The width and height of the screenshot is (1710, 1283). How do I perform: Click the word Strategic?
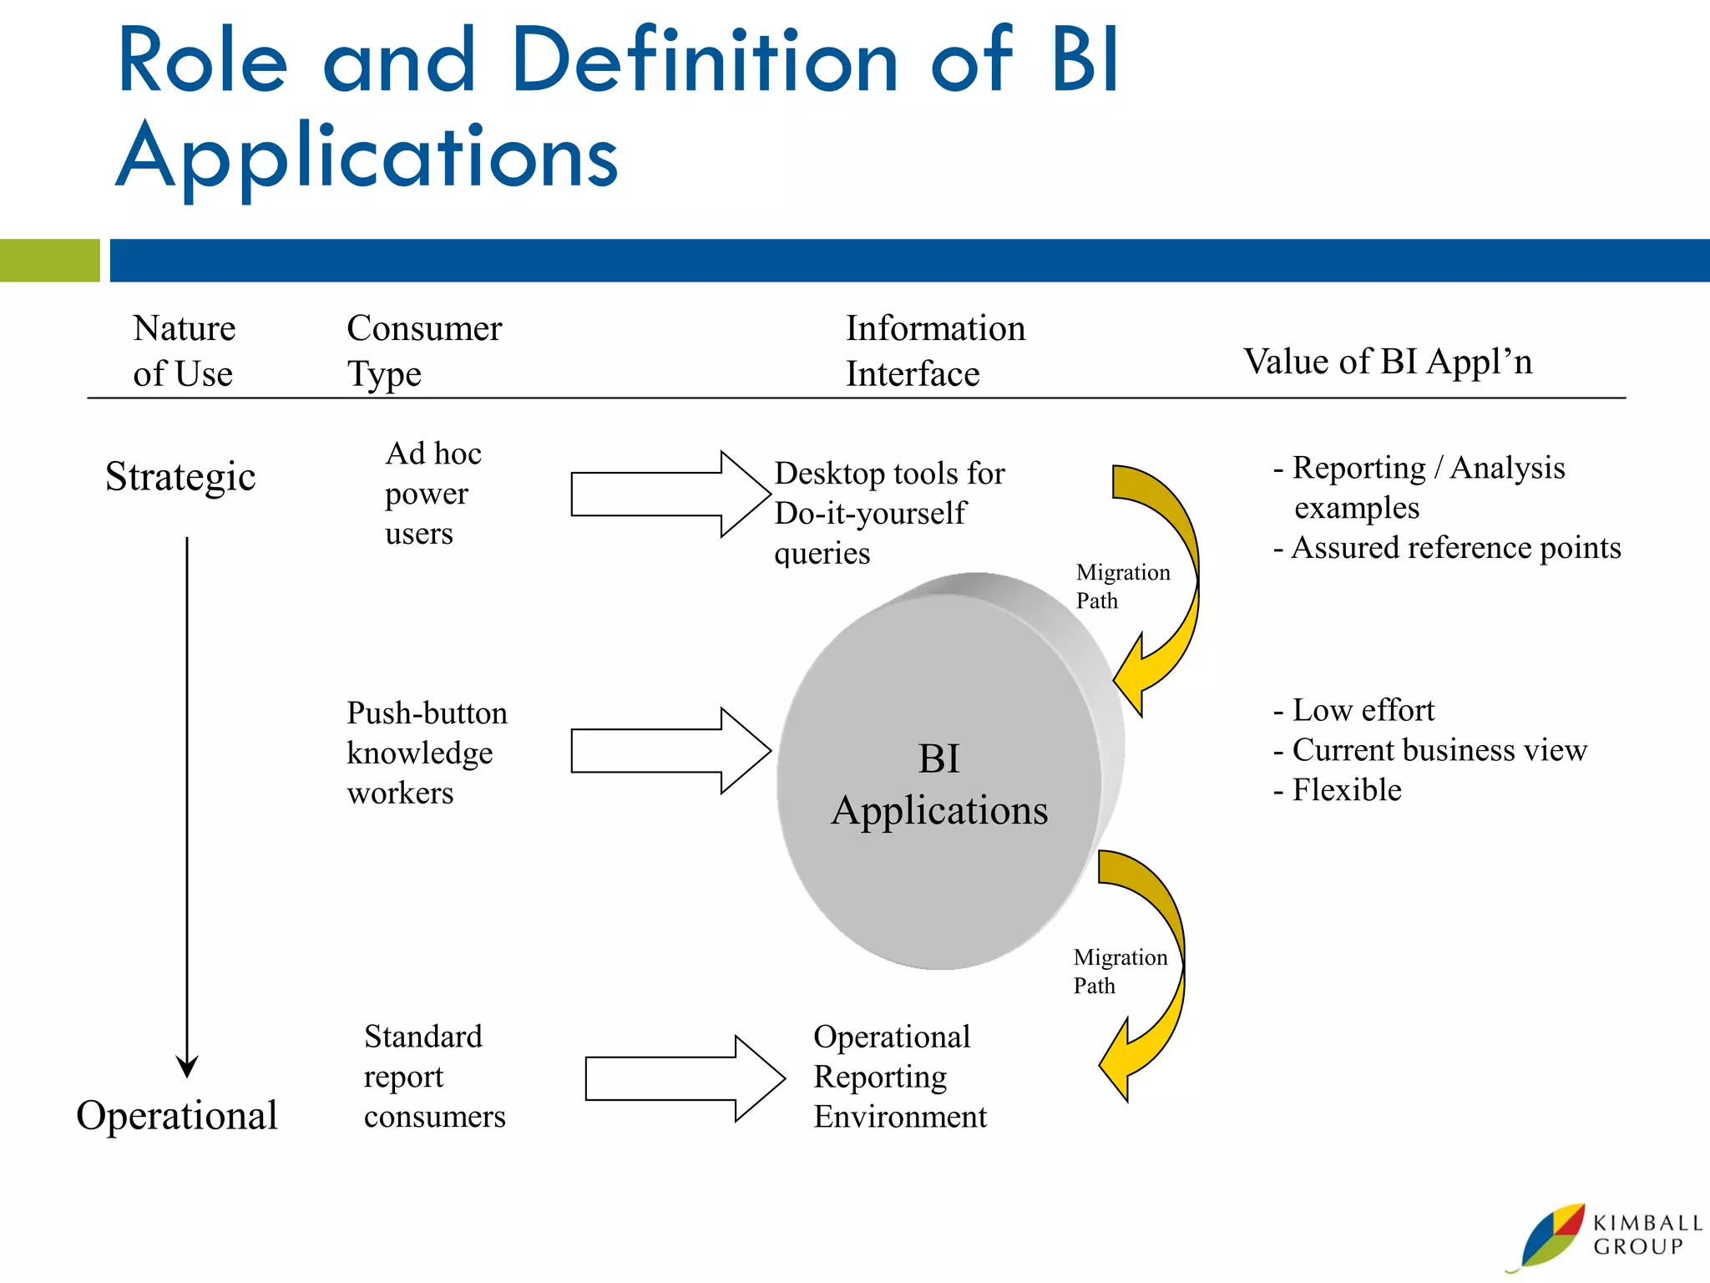pyautogui.click(x=180, y=478)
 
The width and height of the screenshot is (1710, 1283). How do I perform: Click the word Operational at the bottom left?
pyautogui.click(x=177, y=1116)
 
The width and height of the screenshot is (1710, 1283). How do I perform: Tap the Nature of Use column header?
pyautogui.click(x=184, y=351)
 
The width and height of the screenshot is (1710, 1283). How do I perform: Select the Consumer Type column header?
pyautogui.click(x=423, y=351)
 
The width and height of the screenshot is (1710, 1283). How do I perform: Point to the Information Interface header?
pyautogui.click(x=935, y=351)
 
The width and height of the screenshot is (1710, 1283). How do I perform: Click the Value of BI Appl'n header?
pyautogui.click(x=1388, y=362)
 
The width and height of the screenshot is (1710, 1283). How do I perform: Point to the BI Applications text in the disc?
pyautogui.click(x=939, y=785)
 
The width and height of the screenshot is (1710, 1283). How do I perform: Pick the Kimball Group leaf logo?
pyautogui.click(x=1553, y=1236)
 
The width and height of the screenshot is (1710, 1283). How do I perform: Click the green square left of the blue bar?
pyautogui.click(x=49, y=261)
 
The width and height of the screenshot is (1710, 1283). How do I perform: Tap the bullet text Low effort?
pyautogui.click(x=1354, y=711)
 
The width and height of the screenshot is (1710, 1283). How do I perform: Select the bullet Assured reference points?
pyautogui.click(x=1448, y=548)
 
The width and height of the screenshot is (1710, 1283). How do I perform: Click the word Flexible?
pyautogui.click(x=1346, y=790)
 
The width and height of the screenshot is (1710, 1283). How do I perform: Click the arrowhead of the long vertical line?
pyautogui.click(x=187, y=1067)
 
